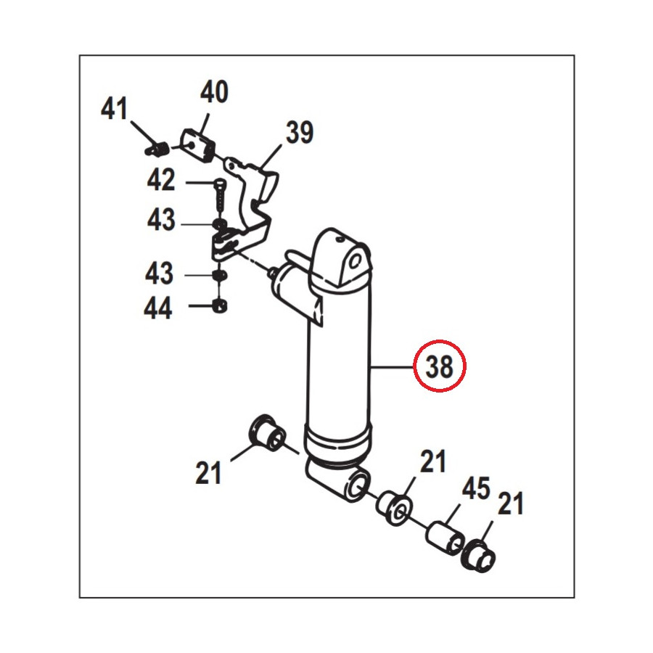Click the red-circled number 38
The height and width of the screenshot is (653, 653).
(440, 366)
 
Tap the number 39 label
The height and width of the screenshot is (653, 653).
(300, 133)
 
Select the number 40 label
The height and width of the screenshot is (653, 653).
(214, 92)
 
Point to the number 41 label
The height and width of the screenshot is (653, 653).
(114, 109)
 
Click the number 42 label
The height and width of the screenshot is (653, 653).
(161, 180)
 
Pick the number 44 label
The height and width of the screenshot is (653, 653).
(157, 308)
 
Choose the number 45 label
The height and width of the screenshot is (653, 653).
(475, 488)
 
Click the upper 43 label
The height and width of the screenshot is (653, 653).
(161, 220)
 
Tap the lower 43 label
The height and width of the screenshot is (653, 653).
(159, 274)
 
